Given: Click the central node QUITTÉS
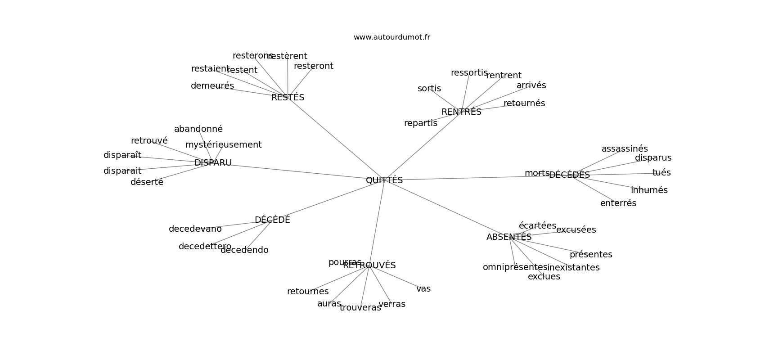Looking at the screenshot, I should (384, 180).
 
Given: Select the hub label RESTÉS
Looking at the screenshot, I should (288, 98).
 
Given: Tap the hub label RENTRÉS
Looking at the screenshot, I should (461, 112).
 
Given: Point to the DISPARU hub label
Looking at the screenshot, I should (213, 163).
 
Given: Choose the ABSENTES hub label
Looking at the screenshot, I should (509, 237).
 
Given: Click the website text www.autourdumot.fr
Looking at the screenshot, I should (391, 37).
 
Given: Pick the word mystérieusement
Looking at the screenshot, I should (223, 145).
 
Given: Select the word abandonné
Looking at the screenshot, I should (198, 129).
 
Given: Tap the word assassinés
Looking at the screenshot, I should (625, 149).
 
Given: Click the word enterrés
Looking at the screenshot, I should (618, 203).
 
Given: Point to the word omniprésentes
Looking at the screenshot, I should (515, 267).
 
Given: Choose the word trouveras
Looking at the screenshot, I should (360, 308).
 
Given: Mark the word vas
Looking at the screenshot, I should (423, 289).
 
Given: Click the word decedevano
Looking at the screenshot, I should (195, 229).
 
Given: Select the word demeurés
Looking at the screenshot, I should (212, 86).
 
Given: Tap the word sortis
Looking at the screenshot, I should (429, 89).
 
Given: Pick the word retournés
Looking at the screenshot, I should (524, 103).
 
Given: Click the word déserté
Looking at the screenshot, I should (147, 182).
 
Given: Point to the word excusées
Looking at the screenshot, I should (576, 230).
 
